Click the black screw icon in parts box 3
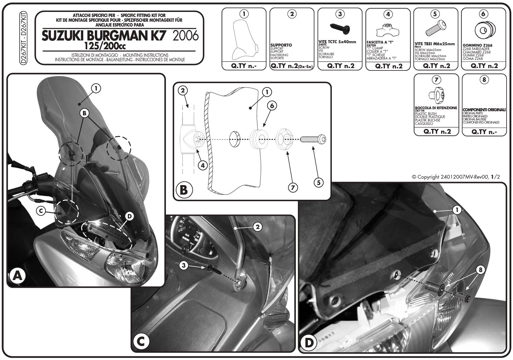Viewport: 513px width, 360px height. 340,26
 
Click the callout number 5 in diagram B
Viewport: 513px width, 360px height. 318,182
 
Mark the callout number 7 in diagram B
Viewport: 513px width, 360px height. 292,187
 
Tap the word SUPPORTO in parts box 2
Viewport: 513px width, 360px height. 281,45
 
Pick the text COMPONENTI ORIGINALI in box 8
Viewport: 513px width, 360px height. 484,110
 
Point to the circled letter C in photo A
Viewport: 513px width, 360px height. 40,211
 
